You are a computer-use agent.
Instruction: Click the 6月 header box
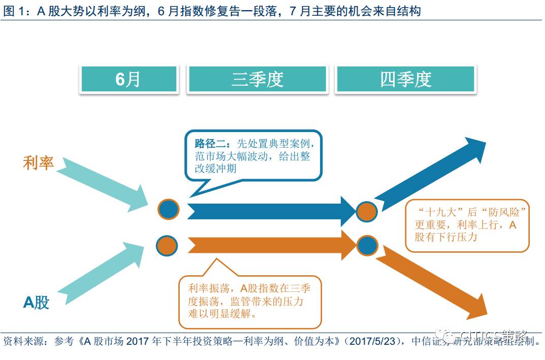[x=128, y=79]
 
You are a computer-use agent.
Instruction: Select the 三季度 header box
[x=257, y=79]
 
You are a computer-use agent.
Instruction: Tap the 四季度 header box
[x=405, y=79]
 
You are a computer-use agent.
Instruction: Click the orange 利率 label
[x=39, y=163]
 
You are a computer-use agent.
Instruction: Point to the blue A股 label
[x=37, y=302]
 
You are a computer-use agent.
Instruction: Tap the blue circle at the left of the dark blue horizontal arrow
[x=168, y=209]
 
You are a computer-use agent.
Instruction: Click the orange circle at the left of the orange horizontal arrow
[x=168, y=246]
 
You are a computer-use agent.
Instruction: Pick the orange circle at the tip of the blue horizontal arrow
[x=366, y=211]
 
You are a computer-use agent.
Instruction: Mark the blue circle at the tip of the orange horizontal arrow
[x=367, y=246]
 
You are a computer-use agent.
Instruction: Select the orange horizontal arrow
[x=269, y=245]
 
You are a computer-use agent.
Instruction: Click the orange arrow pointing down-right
[x=432, y=282]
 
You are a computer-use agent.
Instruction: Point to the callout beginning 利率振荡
[x=250, y=301]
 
